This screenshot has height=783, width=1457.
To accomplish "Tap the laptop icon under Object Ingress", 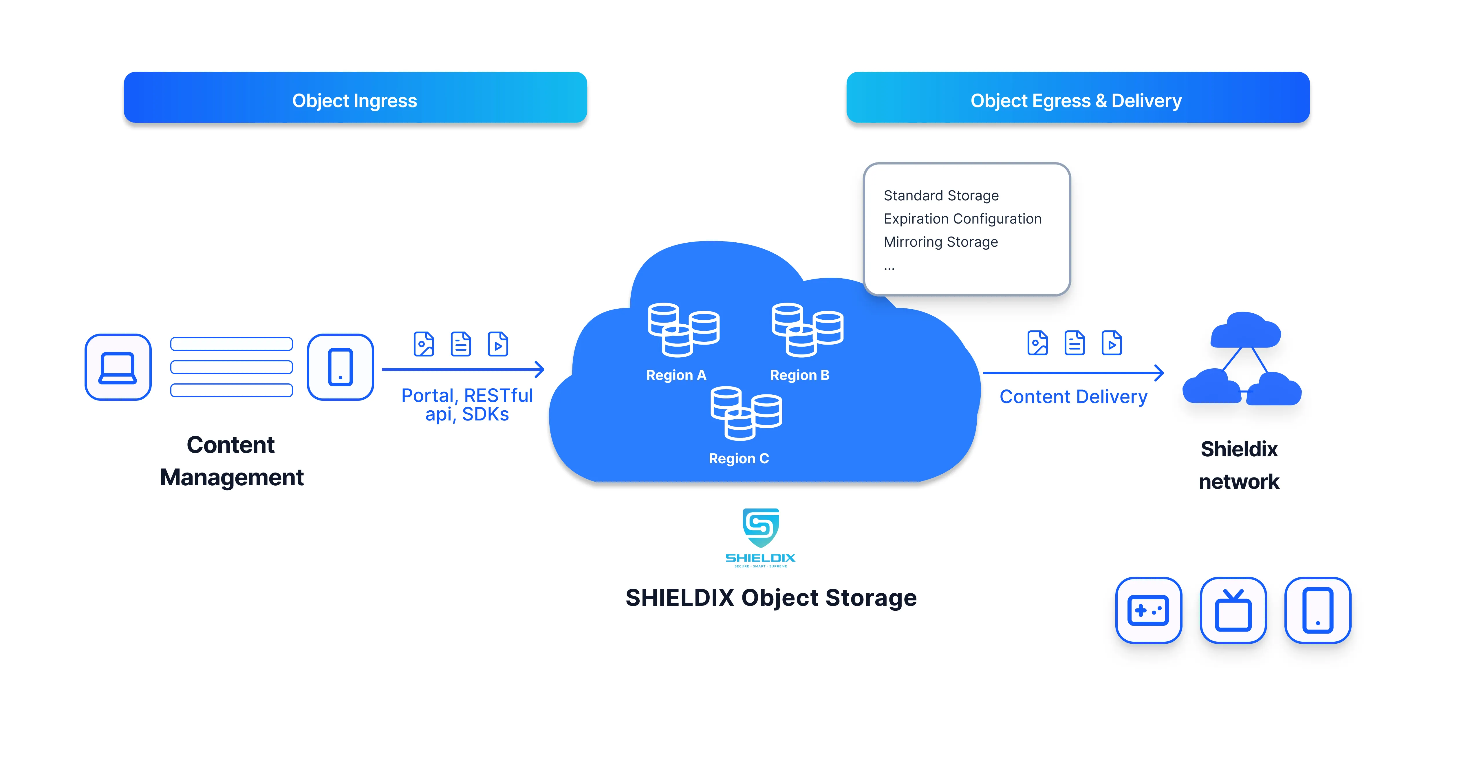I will coord(118,367).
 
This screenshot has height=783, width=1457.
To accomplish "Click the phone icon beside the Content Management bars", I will coord(340,367).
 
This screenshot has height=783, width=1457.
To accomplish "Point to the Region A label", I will coord(676,375).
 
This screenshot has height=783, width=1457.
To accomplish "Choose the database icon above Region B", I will coord(807,330).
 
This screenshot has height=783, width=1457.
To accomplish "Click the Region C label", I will coord(739,458).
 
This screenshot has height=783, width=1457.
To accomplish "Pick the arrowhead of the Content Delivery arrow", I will coord(1160,373).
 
